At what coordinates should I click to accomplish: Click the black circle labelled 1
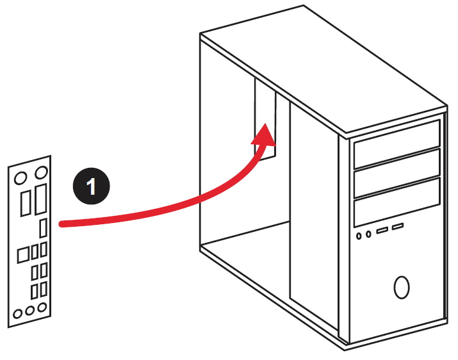[91, 186]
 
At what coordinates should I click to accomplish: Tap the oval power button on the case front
[402, 287]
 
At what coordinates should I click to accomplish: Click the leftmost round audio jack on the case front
[359, 235]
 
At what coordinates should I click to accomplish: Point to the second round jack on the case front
[369, 234]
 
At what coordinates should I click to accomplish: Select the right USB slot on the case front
[398, 227]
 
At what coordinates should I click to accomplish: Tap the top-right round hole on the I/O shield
[40, 172]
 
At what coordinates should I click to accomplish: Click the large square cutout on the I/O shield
[22, 254]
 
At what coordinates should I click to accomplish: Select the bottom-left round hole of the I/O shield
[18, 313]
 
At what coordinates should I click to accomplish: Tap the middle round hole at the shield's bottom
[31, 311]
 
